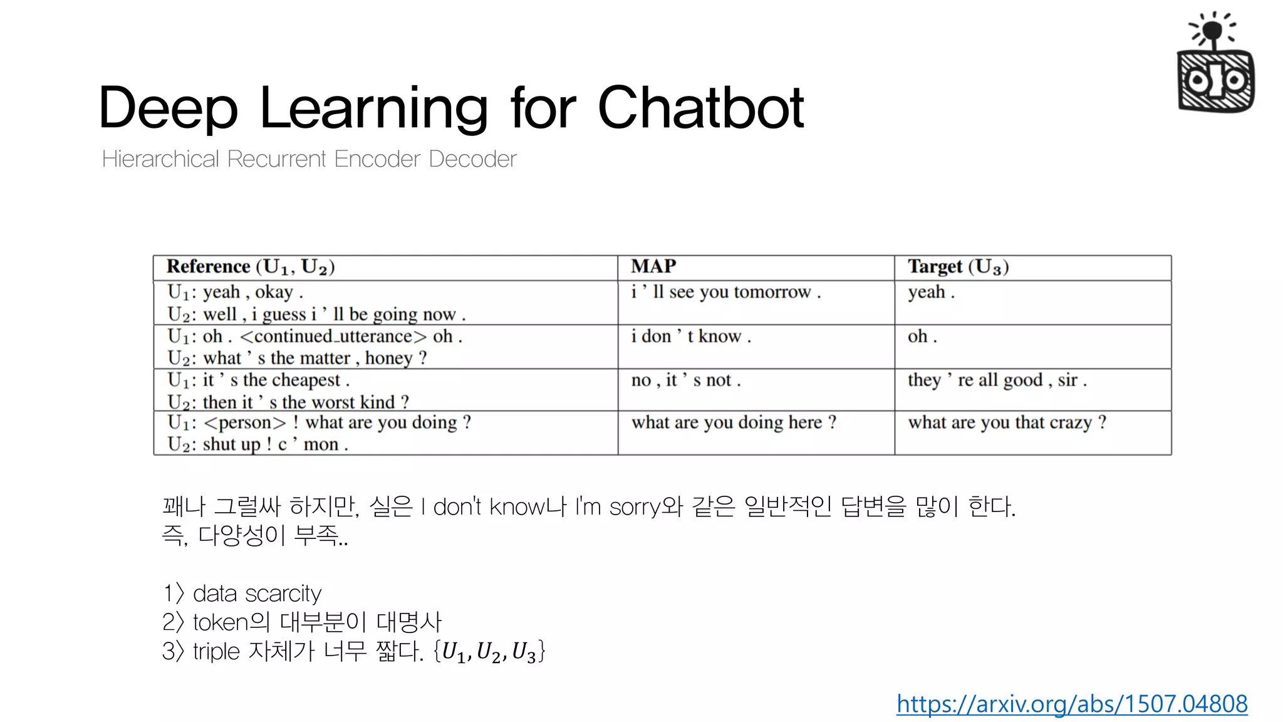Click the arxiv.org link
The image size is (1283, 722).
pyautogui.click(x=1071, y=704)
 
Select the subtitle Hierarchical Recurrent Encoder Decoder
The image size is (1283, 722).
pyautogui.click(x=309, y=159)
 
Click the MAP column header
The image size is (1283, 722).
pyautogui.click(x=653, y=266)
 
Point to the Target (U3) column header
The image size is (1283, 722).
pyautogui.click(x=958, y=267)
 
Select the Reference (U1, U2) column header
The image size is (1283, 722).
pyautogui.click(x=251, y=267)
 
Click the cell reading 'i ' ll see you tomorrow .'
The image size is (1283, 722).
pyautogui.click(x=725, y=292)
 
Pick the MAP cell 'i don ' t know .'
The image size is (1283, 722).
pyautogui.click(x=690, y=337)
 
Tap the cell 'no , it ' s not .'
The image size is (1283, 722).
pyautogui.click(x=685, y=380)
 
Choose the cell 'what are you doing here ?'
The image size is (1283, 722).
pyautogui.click(x=733, y=422)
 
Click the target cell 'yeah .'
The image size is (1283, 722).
pyautogui.click(x=931, y=292)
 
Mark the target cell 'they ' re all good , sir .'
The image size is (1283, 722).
pyautogui.click(x=997, y=380)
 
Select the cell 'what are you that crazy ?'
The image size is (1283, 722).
pyautogui.click(x=1007, y=422)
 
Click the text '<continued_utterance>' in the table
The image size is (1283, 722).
pyautogui.click(x=333, y=337)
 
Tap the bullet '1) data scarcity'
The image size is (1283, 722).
pyautogui.click(x=242, y=593)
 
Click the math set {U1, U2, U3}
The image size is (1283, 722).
pyautogui.click(x=489, y=651)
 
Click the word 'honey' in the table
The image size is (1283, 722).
pyautogui.click(x=388, y=358)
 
